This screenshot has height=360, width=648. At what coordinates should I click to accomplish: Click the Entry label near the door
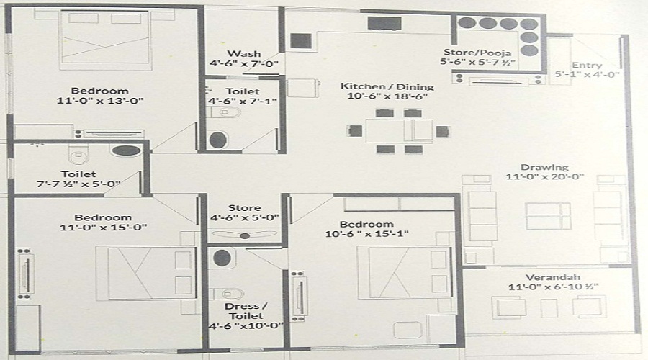[x=587, y=64]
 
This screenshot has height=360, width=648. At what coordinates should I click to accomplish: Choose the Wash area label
[x=238, y=54]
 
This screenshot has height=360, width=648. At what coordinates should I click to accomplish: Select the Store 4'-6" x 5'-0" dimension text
[x=243, y=217]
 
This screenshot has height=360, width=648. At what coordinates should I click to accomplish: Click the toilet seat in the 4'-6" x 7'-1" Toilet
[x=218, y=138]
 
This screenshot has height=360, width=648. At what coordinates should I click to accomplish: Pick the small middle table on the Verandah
[x=549, y=307]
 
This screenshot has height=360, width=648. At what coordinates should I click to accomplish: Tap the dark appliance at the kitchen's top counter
[x=383, y=23]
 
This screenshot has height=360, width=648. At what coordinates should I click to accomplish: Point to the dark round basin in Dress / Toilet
[x=222, y=258]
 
